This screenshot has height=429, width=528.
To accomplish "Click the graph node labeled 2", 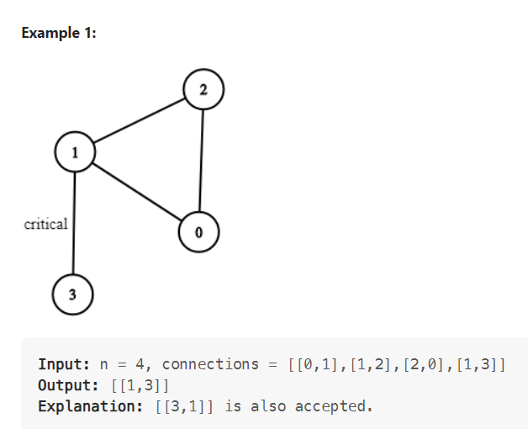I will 203,90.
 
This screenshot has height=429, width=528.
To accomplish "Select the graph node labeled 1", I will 75,152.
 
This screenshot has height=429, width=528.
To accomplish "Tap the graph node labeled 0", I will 198,231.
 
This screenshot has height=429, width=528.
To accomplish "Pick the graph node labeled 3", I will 72,294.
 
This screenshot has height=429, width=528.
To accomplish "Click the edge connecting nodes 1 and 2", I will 139,121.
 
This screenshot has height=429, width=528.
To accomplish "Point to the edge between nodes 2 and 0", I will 201,160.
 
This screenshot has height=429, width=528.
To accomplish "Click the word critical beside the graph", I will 46,224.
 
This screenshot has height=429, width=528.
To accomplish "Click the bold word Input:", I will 65,364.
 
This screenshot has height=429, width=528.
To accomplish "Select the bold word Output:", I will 69,385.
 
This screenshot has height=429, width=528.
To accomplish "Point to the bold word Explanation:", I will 87,406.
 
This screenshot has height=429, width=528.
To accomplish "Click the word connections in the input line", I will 210,364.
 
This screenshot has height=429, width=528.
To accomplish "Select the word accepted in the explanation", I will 333,406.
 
